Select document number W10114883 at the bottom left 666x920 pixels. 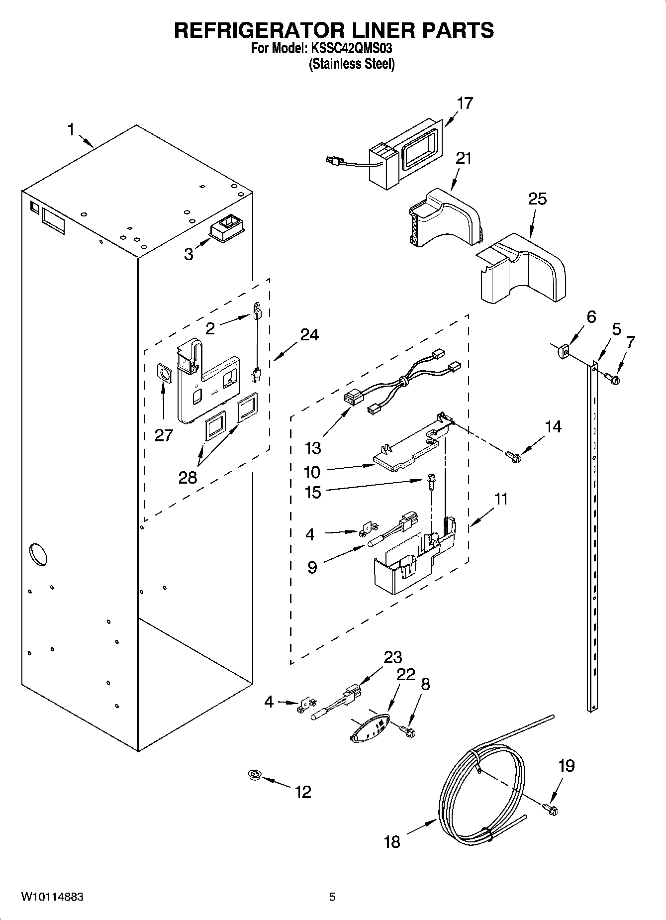click(52, 897)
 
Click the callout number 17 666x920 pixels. click(465, 103)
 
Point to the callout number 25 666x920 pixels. click(537, 199)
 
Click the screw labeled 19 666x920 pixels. click(551, 810)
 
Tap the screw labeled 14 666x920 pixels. click(513, 455)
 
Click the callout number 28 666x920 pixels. click(188, 477)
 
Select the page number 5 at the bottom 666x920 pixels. click(332, 897)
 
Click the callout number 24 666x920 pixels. click(309, 334)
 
